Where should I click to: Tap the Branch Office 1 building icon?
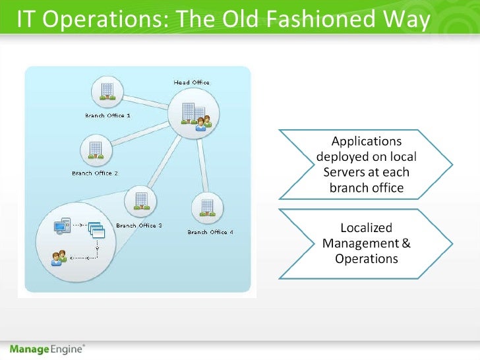107,91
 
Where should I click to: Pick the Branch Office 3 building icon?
139,200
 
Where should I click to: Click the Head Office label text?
191,82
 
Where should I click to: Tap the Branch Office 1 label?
107,115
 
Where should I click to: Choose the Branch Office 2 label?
95,173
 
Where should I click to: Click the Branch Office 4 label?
210,232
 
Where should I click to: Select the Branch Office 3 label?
138,225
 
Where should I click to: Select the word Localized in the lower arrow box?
366,228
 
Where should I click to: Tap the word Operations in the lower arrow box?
367,258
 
